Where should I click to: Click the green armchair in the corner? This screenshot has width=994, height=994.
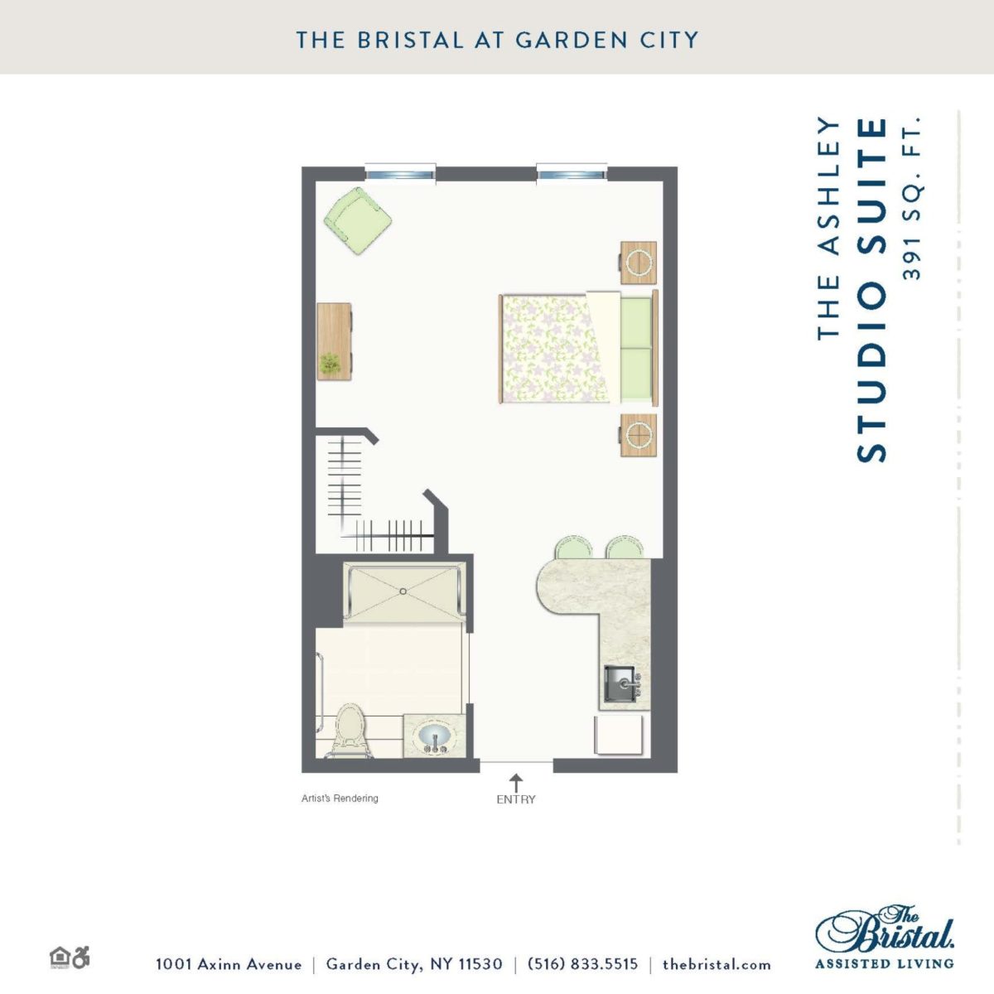(358, 221)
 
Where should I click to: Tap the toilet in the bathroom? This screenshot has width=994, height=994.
(349, 731)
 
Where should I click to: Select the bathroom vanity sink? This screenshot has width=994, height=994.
(435, 736)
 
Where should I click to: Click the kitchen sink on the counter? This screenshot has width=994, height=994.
(623, 684)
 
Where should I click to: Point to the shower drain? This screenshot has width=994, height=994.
(403, 591)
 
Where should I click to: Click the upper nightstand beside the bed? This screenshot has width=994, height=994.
(638, 263)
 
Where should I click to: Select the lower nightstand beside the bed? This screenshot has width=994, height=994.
(638, 435)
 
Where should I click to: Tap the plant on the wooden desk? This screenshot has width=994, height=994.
(330, 363)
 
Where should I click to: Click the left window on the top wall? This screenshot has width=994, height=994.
(400, 172)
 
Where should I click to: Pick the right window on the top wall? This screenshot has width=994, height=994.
(572, 172)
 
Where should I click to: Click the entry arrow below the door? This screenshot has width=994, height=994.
(516, 783)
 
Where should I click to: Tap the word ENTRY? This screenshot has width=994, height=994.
(516, 799)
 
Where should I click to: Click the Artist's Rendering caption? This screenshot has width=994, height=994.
(340, 799)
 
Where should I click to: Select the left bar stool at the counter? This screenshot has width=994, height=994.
(573, 548)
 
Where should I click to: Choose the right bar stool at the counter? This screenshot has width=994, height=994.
(625, 548)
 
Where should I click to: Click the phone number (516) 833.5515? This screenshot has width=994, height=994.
(582, 964)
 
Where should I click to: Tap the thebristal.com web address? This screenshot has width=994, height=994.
(717, 964)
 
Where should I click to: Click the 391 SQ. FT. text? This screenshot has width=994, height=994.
(911, 199)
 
